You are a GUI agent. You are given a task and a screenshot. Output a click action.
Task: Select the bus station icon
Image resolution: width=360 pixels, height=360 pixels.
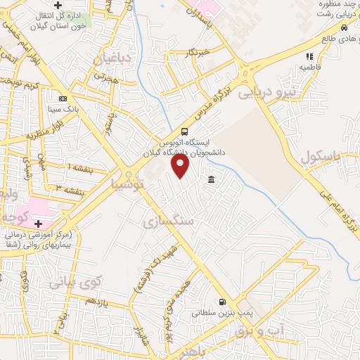coord(184,131)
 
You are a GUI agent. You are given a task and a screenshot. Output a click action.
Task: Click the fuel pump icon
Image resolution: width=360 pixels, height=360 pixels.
coord(222,303)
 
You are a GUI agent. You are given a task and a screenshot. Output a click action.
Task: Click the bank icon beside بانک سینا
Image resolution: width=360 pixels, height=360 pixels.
coord(63,98)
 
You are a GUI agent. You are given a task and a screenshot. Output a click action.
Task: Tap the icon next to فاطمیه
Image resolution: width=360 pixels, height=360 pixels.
coord(309,57)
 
